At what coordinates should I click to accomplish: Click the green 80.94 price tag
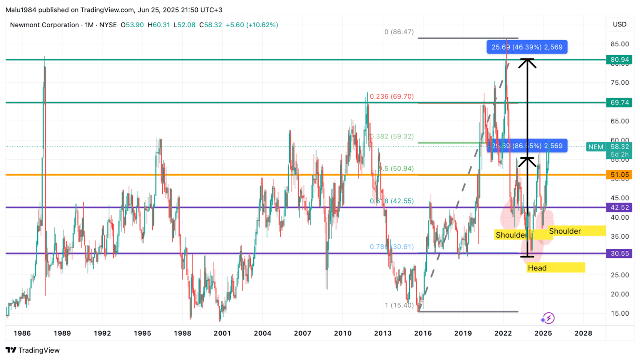[x=619, y=60]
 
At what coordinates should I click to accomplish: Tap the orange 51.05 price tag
[x=619, y=175]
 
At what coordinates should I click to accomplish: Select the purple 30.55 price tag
[x=619, y=253]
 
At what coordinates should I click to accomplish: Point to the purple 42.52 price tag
[x=619, y=207]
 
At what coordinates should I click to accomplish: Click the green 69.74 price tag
[x=619, y=102]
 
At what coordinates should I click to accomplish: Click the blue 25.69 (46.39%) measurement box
[x=527, y=47]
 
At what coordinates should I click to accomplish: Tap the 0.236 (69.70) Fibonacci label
[x=392, y=96]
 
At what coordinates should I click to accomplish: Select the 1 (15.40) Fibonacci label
[x=399, y=305]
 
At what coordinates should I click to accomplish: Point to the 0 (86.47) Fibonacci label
[x=399, y=32]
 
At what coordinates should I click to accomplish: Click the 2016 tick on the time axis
[x=423, y=333]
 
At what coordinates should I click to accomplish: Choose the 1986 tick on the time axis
[x=22, y=333]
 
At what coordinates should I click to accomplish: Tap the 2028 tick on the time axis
[x=583, y=333]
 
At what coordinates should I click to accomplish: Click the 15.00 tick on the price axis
[x=620, y=313]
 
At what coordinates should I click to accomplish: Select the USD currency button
[x=620, y=24]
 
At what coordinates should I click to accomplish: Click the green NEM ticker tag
[x=596, y=147]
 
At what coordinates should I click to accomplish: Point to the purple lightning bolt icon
[x=548, y=318]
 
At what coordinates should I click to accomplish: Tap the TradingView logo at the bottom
[x=33, y=350]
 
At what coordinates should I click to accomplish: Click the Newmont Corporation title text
[x=44, y=25]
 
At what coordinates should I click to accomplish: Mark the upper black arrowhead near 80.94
[x=527, y=62]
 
